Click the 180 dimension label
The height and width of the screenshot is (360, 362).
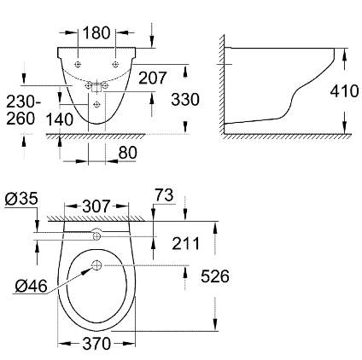[x=96, y=32]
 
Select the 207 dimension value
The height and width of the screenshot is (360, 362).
[x=152, y=78]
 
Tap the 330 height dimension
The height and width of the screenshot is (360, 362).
[x=185, y=100]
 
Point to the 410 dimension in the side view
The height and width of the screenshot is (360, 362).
[x=344, y=91]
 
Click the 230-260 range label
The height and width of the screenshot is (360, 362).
[x=23, y=110]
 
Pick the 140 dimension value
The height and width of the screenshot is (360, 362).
[x=60, y=119]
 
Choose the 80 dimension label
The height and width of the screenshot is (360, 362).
[x=127, y=153]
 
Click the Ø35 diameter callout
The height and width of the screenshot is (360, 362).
[x=21, y=199]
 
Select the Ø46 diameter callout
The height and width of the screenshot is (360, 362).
[x=31, y=286]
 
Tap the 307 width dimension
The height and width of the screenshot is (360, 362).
[x=96, y=206]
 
